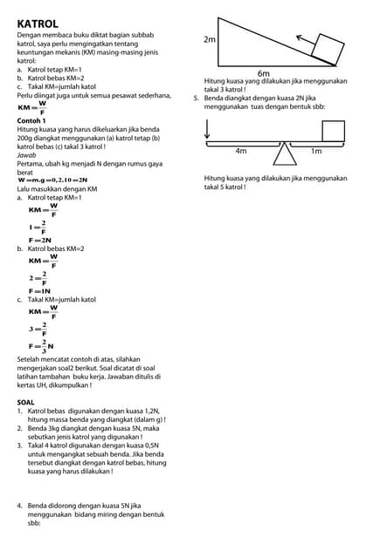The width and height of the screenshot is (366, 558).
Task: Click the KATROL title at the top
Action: point(38,23)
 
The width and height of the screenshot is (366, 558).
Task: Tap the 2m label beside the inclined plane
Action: point(210,39)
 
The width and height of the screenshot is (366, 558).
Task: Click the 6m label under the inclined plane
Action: point(264,74)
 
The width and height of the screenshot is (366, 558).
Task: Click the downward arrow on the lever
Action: point(207,128)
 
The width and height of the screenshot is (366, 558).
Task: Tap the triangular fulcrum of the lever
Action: point(284,153)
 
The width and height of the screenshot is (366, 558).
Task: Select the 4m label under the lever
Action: point(241,151)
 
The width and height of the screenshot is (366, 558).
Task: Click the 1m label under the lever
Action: point(316,151)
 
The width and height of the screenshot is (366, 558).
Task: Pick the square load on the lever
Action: point(333,130)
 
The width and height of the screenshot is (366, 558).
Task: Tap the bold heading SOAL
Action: point(26,402)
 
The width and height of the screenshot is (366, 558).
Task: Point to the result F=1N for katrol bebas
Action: point(40,290)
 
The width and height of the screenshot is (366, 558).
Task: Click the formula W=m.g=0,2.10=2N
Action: point(52,180)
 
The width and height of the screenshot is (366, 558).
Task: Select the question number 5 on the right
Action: point(197,99)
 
